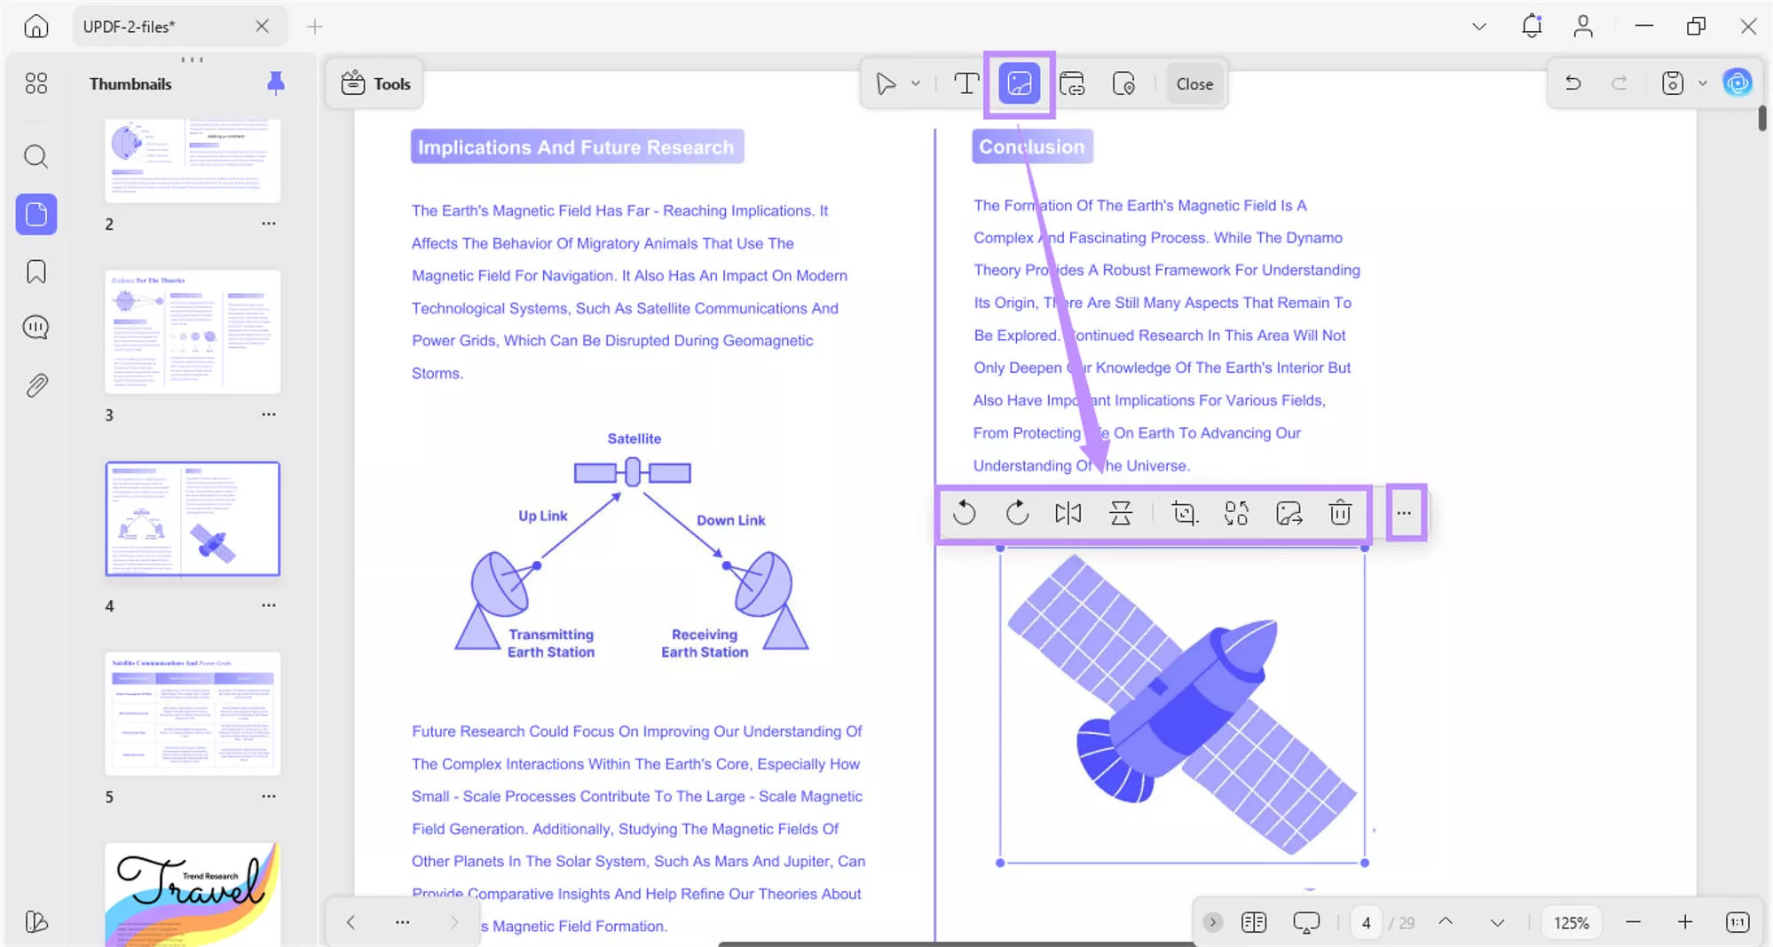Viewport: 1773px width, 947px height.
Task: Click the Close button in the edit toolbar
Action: click(x=1194, y=84)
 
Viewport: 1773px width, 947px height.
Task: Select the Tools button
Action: click(x=375, y=84)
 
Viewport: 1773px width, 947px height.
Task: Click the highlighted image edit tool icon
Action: click(x=1019, y=84)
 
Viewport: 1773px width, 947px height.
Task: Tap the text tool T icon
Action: click(x=965, y=84)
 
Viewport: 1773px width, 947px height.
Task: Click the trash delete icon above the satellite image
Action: click(x=1340, y=513)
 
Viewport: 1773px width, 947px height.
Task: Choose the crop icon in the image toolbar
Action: click(x=1183, y=513)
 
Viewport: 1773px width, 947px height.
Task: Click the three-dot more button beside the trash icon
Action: click(x=1404, y=513)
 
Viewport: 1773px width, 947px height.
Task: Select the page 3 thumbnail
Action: click(x=193, y=332)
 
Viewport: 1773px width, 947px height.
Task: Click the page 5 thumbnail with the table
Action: click(x=193, y=714)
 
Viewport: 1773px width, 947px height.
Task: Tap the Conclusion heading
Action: click(x=1031, y=147)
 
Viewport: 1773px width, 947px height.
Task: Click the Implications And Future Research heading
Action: click(x=576, y=147)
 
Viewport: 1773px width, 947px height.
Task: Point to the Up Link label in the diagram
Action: click(x=542, y=516)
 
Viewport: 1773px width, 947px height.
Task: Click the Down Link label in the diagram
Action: click(x=730, y=520)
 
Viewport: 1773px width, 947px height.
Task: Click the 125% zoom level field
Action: click(x=1571, y=923)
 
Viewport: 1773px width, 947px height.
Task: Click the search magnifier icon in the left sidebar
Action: click(x=35, y=157)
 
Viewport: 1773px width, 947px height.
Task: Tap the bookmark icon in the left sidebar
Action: click(x=35, y=272)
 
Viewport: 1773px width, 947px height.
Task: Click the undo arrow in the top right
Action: click(x=1572, y=83)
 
